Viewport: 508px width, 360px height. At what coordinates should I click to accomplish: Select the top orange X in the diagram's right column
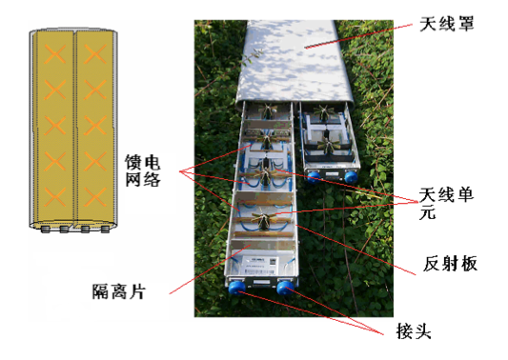click(93, 52)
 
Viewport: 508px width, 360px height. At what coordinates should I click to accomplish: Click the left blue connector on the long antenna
click(236, 285)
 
